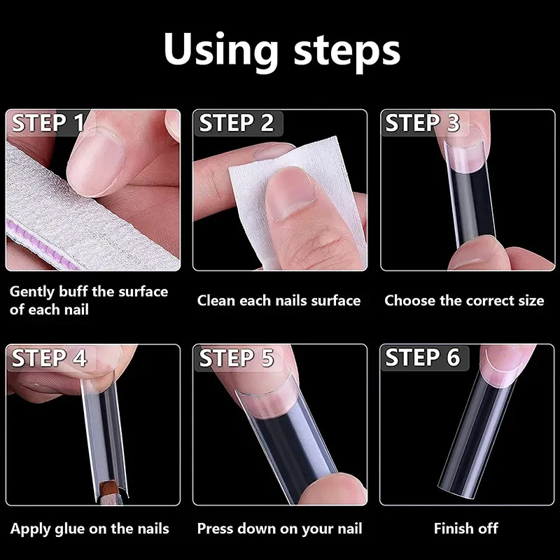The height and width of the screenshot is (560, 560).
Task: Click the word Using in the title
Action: [220, 50]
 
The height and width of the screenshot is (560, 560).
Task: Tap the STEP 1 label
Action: [48, 123]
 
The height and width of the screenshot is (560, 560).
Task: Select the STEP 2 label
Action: [236, 123]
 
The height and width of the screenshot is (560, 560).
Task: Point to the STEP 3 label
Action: [423, 123]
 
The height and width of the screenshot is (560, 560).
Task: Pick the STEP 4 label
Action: [49, 358]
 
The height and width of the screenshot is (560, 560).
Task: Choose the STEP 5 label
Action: [236, 358]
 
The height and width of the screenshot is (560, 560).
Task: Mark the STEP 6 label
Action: [423, 358]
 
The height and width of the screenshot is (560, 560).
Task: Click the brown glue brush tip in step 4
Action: [108, 489]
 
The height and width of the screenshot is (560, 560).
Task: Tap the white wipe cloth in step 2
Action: [296, 200]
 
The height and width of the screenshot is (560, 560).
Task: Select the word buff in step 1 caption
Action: [73, 291]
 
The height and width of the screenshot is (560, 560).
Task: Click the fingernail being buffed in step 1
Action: [96, 161]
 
